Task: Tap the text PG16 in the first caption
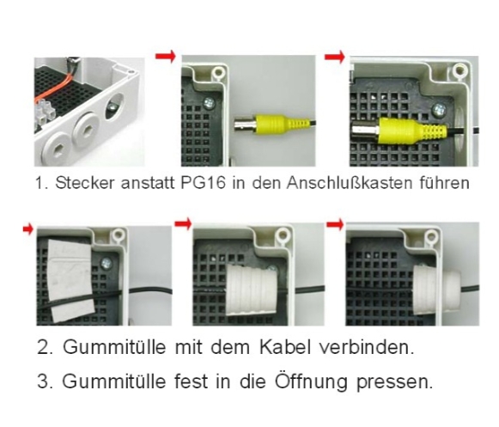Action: (x=181, y=183)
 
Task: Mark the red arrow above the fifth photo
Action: (x=182, y=224)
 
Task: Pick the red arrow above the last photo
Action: (x=336, y=225)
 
